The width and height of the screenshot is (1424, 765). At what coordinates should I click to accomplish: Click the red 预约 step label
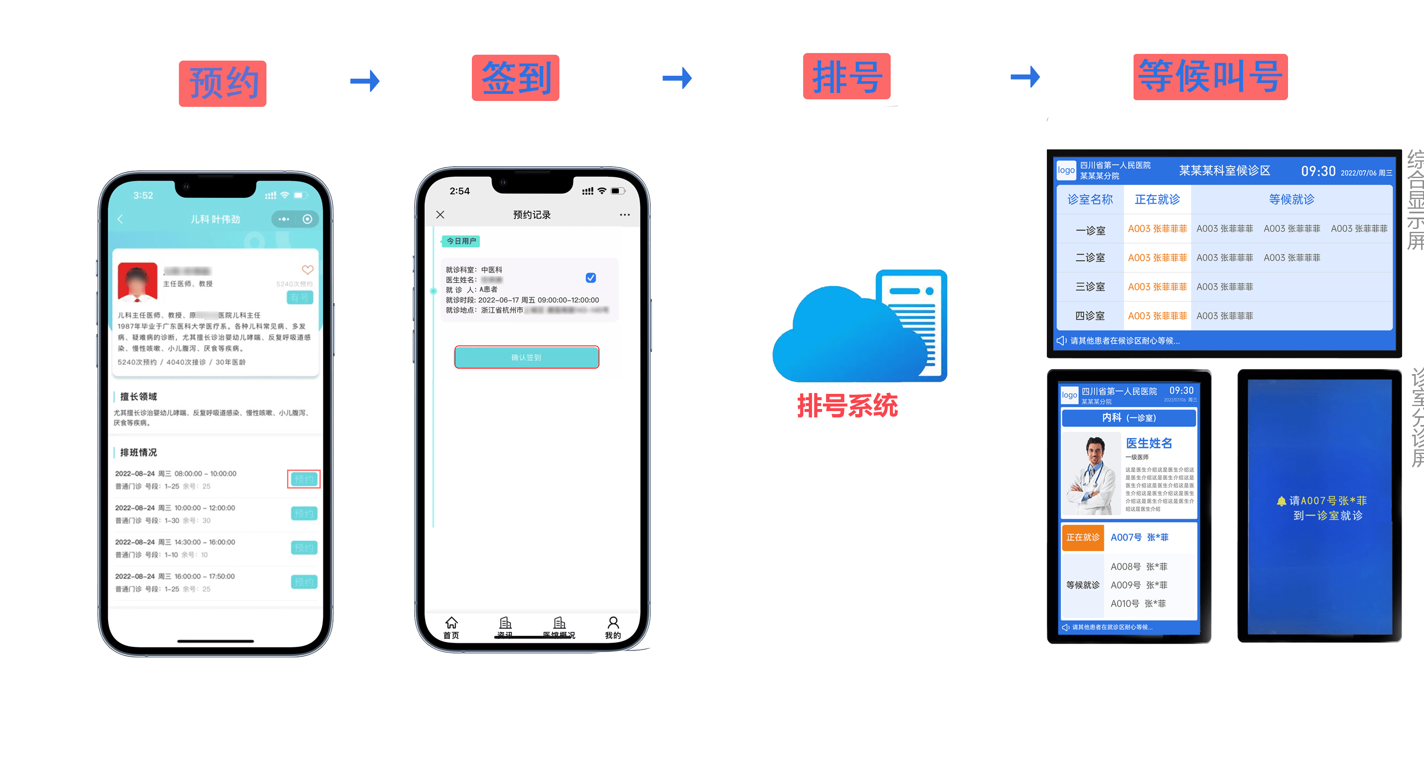(222, 83)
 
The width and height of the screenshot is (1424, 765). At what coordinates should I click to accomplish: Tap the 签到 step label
(515, 78)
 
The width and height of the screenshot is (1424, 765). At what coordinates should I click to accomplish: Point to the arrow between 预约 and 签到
(365, 81)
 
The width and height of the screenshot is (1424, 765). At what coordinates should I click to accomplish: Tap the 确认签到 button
(526, 357)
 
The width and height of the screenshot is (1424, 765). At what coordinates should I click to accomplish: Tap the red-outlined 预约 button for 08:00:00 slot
(303, 479)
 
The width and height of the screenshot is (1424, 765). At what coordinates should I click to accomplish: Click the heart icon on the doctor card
(307, 270)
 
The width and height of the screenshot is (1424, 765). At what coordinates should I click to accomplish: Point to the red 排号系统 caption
(847, 406)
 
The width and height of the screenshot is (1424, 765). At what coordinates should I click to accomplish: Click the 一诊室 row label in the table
(1090, 230)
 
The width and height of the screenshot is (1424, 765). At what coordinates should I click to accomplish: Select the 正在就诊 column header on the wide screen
(1157, 199)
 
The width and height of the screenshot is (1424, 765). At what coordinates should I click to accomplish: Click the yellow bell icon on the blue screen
(1281, 501)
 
